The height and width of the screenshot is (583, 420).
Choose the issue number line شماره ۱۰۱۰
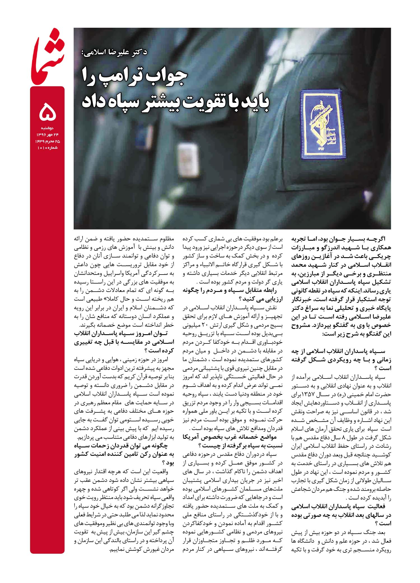(x=48, y=148)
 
